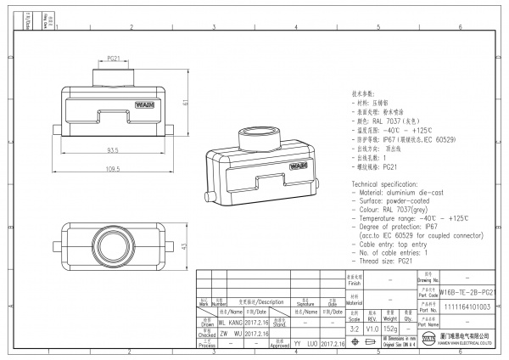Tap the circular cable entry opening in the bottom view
(112, 245)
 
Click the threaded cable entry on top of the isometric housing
(256, 136)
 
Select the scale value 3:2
(355, 327)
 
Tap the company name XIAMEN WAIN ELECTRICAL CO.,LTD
(471, 344)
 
